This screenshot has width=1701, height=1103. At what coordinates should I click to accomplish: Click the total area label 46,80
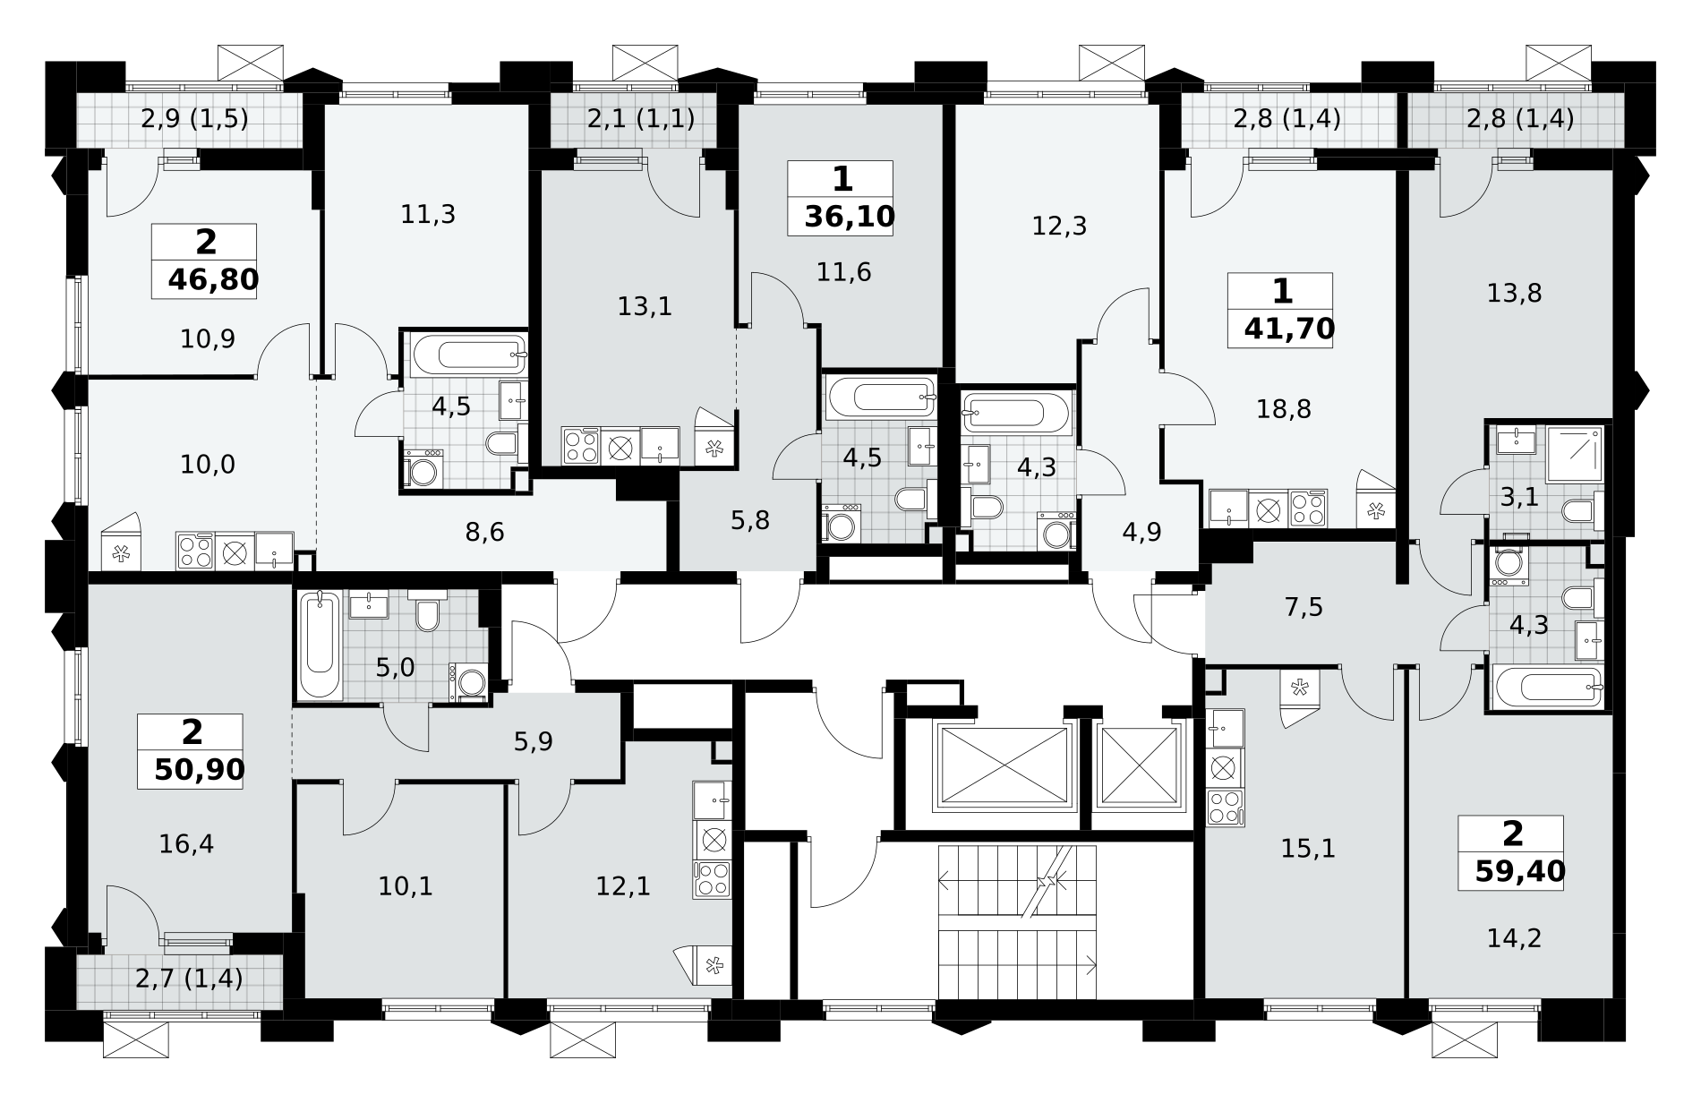(213, 280)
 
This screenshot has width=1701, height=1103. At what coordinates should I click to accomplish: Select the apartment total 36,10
(850, 218)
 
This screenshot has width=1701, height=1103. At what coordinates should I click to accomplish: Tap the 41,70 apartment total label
(1289, 329)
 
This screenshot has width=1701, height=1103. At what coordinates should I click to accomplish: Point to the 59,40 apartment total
(1520, 871)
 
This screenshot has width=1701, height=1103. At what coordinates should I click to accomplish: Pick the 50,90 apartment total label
(199, 770)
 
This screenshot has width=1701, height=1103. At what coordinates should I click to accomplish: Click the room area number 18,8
(1283, 409)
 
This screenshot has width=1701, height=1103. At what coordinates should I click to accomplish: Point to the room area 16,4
(186, 843)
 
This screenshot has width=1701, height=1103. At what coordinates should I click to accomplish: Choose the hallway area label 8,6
(485, 533)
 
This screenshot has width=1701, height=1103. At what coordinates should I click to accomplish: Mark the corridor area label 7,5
(1304, 607)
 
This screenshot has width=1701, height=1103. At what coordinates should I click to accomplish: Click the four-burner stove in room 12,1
(713, 880)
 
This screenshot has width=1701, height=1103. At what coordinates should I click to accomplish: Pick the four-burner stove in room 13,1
(581, 446)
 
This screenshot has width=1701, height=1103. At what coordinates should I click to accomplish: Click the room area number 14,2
(1514, 938)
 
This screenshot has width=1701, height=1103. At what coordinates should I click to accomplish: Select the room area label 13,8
(1514, 293)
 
